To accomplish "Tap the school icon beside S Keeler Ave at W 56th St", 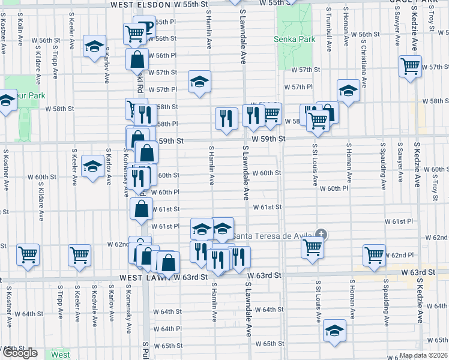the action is click(x=94, y=46).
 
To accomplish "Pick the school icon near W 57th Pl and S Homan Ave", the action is click(x=348, y=90).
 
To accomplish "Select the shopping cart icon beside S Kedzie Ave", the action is click(x=411, y=66).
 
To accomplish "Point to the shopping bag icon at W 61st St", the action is click(x=141, y=209).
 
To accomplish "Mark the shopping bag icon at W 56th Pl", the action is click(x=137, y=59).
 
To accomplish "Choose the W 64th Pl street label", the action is click(x=167, y=329).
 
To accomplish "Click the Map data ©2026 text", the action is click(x=424, y=355).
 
